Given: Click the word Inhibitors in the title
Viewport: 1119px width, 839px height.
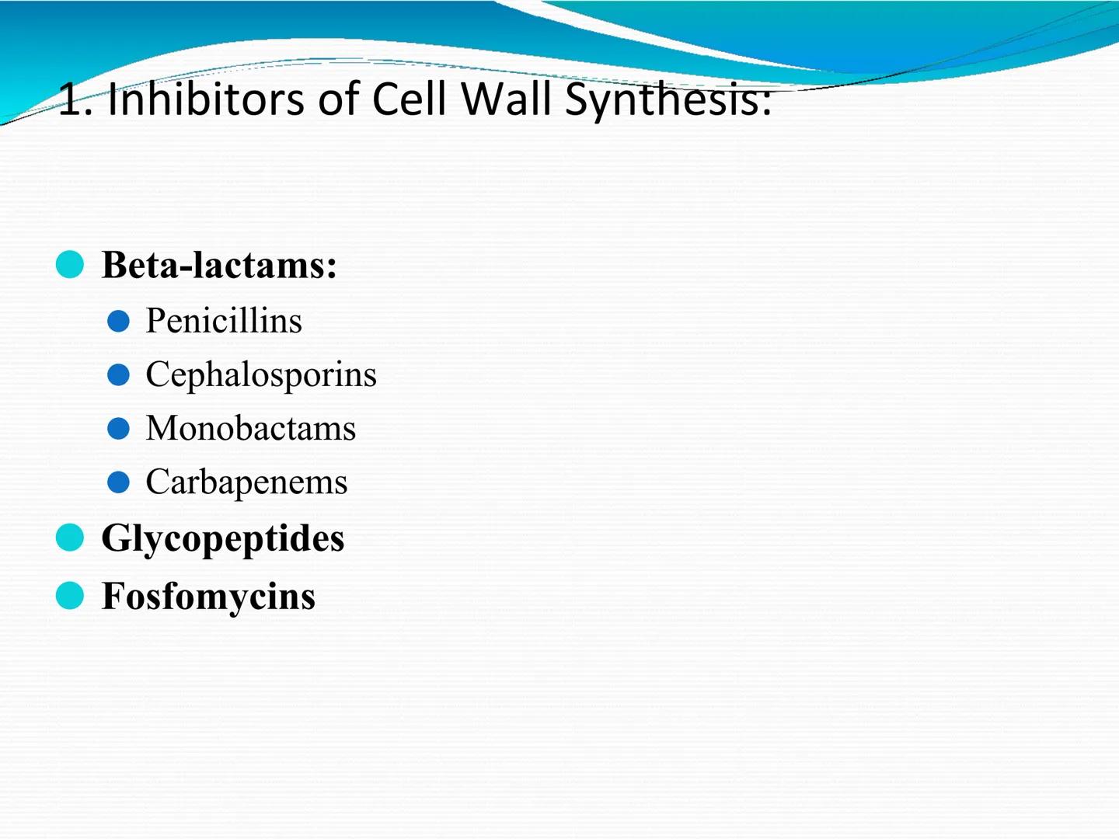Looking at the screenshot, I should [x=205, y=99].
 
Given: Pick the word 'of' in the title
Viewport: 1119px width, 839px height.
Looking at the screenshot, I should [x=337, y=99].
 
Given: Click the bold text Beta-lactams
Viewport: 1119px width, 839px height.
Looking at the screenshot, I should [x=219, y=265].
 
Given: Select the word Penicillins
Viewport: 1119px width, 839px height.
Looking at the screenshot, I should [x=224, y=320].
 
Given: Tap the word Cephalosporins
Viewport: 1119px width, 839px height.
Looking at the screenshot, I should [x=261, y=374].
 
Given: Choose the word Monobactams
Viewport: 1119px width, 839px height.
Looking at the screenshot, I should [x=250, y=428].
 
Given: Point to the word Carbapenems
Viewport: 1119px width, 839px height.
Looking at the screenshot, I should [x=246, y=482].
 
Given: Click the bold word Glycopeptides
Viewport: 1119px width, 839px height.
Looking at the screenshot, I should [x=222, y=538].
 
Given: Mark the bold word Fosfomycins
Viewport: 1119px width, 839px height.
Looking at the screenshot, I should [x=208, y=596].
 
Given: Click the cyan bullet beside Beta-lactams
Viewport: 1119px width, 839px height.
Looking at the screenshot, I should [x=70, y=264].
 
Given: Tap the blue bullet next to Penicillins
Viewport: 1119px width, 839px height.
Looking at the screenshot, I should [x=118, y=321].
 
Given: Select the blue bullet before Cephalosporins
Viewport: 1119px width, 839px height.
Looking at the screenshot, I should [x=118, y=375].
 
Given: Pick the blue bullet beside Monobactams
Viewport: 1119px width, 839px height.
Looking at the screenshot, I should [x=118, y=429].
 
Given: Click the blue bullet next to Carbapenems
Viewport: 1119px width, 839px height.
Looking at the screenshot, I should [x=118, y=482].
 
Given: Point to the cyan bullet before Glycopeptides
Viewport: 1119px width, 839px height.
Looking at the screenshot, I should [x=70, y=538].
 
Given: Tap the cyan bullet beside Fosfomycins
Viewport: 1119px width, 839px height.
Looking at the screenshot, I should [x=70, y=596].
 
